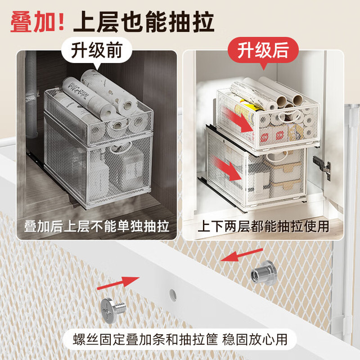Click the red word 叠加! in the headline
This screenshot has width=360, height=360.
click(x=38, y=22)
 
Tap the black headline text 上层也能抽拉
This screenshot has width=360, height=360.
click(x=144, y=22)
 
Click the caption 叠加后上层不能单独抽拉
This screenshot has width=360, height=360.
click(x=97, y=226)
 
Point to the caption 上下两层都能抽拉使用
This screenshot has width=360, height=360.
click(x=263, y=226)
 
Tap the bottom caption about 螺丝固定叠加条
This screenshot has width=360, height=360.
click(x=180, y=339)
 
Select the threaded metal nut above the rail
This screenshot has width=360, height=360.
click(x=263, y=273)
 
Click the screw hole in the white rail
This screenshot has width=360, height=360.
click(x=173, y=295)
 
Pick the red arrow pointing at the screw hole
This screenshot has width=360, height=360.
click(x=118, y=283)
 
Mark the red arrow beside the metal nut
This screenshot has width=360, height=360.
click(x=241, y=255)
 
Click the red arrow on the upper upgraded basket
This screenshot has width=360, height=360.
click(x=238, y=120)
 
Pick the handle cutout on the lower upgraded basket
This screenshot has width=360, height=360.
click(x=277, y=156)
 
